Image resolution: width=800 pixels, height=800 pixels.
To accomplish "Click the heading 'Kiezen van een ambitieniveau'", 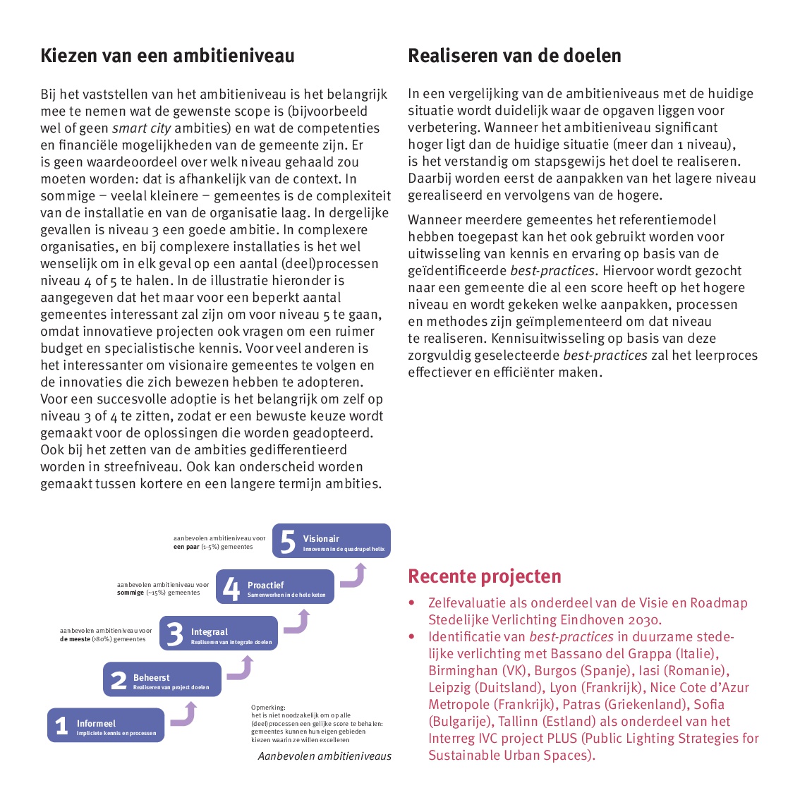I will pos(167,56).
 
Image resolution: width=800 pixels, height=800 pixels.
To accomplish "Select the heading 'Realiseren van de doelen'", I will pos(514,56).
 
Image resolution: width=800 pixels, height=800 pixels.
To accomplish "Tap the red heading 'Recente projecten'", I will pos(485,576).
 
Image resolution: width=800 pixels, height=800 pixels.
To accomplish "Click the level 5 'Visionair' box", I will pos(331,541).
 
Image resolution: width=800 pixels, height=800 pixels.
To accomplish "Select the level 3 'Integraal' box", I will pos(218,634).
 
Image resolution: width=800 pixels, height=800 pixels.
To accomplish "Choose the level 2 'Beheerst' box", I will pos(162,679).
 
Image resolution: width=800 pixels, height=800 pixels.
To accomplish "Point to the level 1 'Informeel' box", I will pos(106,725).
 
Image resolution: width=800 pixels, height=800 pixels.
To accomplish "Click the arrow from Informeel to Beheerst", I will pos(183,715).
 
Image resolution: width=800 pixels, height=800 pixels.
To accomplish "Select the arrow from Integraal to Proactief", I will pos(297,622).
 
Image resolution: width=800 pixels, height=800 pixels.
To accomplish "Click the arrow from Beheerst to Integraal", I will pos(241,668).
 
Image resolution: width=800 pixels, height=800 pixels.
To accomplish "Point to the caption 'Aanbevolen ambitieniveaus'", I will pos(325,756).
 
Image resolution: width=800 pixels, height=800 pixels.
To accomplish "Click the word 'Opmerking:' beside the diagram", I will pos(268,707).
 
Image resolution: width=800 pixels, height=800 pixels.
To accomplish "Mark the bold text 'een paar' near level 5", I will pos(186,547).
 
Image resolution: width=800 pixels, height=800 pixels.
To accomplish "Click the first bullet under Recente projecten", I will pos(411,603).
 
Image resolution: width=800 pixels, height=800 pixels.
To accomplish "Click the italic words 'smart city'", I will pos(141,128).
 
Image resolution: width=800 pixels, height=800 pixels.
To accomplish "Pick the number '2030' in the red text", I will pos(644,620).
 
